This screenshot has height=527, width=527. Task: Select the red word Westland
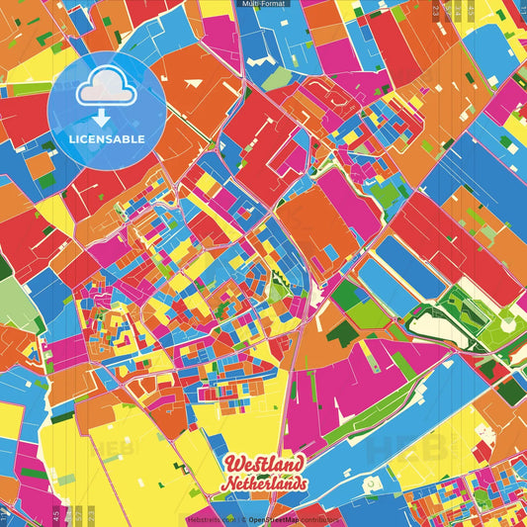coord(264,465)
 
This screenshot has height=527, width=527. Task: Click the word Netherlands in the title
coord(264,484)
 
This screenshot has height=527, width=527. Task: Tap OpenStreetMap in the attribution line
coord(274,519)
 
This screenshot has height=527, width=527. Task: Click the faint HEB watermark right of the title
coord(395,450)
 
